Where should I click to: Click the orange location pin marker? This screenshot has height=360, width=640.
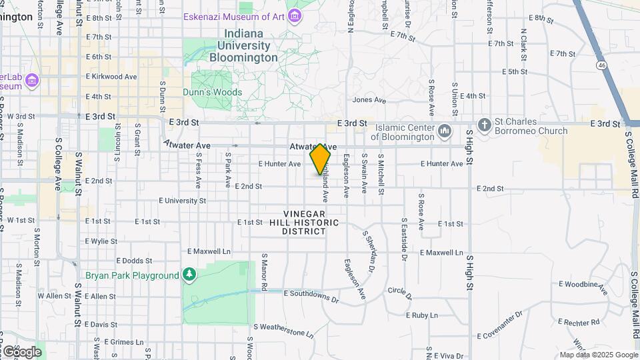pos(320,159)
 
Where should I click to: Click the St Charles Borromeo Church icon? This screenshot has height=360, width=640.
pos(485,124)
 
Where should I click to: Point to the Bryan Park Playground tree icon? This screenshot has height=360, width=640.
pos(190,275)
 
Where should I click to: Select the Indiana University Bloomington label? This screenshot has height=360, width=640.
pos(243,46)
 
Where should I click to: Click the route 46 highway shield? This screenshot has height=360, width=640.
pos(601,65)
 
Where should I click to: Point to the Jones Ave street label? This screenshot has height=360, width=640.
pos(369,100)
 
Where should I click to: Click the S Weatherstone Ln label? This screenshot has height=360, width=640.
pos(283,327)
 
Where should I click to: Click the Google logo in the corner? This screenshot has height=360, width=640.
pos(22,351)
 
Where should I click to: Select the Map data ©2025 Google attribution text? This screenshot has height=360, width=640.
pos(599,355)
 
